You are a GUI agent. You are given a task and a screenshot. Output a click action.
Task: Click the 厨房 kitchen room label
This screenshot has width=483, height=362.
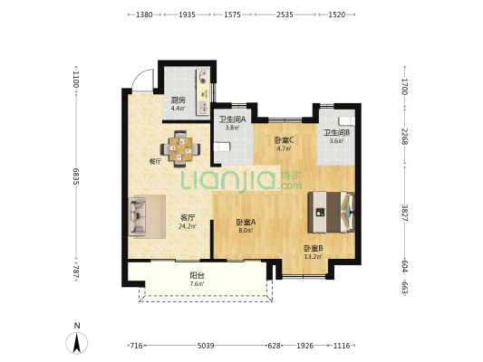(x=179, y=100)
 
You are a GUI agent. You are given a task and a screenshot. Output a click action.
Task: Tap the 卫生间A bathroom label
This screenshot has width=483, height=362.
(x=232, y=119)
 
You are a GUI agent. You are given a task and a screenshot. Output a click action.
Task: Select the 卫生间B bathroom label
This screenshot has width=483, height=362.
(x=336, y=133)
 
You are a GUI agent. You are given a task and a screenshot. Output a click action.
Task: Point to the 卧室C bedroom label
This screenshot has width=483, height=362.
(x=284, y=140)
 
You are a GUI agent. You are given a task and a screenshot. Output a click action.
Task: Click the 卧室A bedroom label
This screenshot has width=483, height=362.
(x=246, y=222)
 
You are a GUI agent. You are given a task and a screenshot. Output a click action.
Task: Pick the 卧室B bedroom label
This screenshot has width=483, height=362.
(x=314, y=248)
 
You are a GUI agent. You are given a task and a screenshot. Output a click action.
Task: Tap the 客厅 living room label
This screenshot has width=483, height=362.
(x=188, y=218)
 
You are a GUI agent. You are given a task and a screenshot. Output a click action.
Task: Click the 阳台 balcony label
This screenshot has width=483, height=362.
(x=197, y=275)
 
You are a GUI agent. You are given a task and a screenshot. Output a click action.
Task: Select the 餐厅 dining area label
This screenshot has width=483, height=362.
(x=155, y=161)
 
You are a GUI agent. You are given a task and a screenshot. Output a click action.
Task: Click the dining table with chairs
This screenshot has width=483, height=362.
(x=180, y=149)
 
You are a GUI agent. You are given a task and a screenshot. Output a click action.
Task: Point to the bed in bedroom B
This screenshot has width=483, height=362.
(x=331, y=212)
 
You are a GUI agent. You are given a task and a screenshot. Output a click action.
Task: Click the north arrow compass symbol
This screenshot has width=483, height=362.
(x=77, y=343)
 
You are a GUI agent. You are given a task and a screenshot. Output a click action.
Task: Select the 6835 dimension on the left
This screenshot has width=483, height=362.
(x=76, y=176)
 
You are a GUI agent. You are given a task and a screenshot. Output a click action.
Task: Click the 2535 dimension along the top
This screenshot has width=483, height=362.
(x=285, y=14)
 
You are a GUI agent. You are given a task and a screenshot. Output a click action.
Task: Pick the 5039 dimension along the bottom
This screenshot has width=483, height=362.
(x=206, y=346)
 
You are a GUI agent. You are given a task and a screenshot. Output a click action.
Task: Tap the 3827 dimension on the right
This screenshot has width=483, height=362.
(x=405, y=213)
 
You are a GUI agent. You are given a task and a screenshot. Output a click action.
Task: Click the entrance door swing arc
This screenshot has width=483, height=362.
(x=138, y=75)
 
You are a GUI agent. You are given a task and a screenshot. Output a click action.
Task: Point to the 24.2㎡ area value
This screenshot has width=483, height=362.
(x=188, y=226)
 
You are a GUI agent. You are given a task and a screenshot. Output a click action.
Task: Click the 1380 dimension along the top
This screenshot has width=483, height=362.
(x=144, y=14)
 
